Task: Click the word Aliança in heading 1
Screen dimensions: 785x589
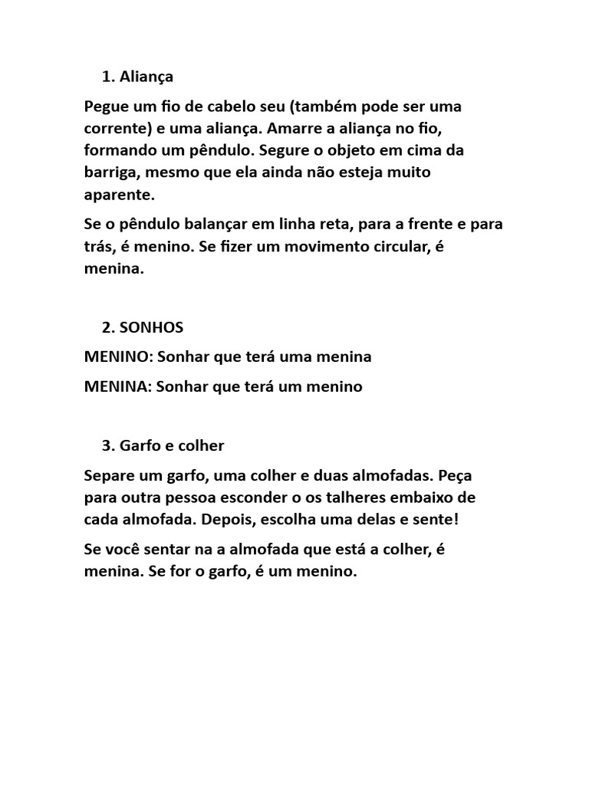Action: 147,77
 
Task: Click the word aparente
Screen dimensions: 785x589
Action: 119,195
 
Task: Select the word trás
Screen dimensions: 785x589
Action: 97,247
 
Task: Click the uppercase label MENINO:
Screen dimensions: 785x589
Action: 118,357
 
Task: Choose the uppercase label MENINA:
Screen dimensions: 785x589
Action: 118,387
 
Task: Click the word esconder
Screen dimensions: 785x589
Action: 242,498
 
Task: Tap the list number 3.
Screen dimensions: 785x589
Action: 107,445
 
